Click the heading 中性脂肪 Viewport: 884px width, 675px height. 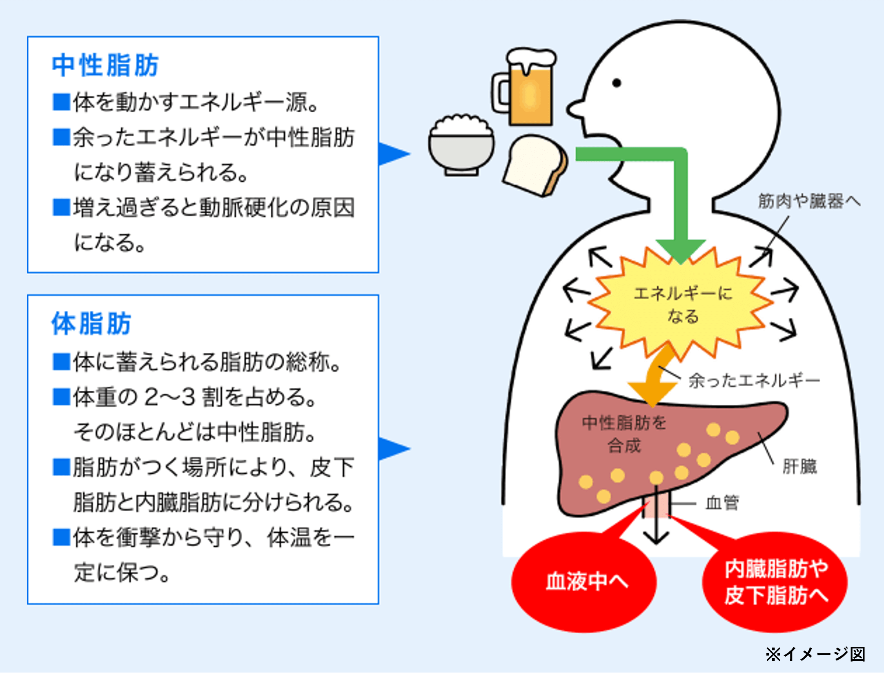click(105, 65)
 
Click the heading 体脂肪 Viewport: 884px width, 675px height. click(91, 323)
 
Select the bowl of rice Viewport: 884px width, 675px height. click(461, 145)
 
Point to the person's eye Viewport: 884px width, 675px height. click(617, 83)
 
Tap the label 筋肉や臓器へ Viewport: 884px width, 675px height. click(809, 201)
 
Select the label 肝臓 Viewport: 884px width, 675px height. click(799, 466)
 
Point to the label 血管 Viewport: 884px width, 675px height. click(722, 503)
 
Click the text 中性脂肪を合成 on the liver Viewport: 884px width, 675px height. click(624, 434)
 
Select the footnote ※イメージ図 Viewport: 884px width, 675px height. click(815, 654)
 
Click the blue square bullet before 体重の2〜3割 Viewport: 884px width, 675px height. click(62, 397)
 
